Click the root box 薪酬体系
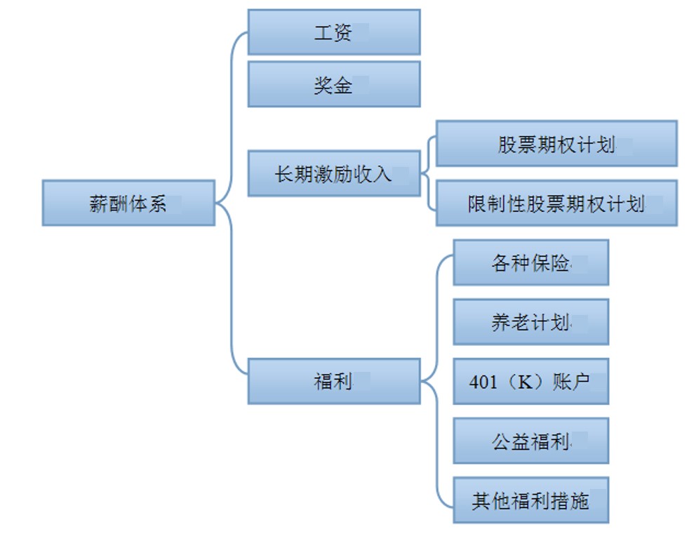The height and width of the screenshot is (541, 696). coord(128,203)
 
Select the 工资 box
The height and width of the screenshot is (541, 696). coord(334,32)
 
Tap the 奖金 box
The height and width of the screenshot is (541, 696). coord(334,84)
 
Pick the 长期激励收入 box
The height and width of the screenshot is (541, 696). coord(334,173)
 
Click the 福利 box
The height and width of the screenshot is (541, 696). coord(334,381)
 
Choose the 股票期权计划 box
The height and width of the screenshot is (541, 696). coord(556,144)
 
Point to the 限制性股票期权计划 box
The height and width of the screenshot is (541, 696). coord(556,203)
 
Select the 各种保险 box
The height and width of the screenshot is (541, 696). coord(530,262)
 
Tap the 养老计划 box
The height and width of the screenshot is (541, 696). coord(530,322)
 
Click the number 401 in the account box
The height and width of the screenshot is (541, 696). coord(483,382)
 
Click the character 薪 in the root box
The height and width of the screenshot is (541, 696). coord(98,203)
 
